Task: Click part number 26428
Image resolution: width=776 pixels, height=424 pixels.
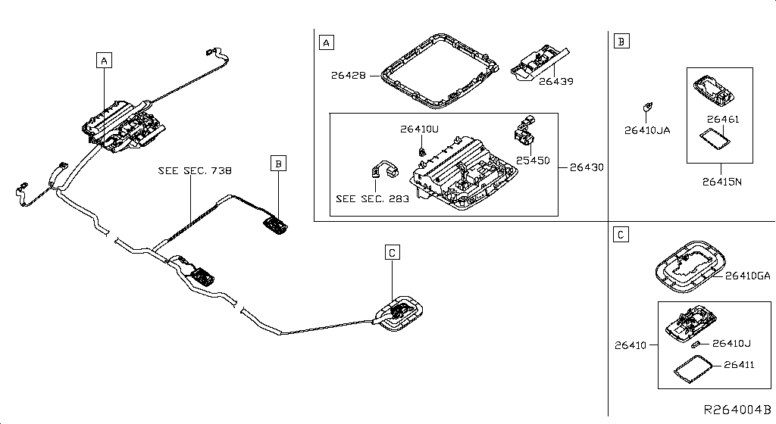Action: coord(349,76)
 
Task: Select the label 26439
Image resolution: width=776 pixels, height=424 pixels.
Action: coord(555,82)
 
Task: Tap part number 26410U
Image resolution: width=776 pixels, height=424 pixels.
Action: coord(419,129)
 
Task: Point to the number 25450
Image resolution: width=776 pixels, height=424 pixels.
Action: coord(533,161)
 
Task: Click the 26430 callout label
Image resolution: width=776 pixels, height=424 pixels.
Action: coord(587,167)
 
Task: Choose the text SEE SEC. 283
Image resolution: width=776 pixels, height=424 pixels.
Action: coord(372,198)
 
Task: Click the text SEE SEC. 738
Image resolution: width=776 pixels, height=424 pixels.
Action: coord(195,170)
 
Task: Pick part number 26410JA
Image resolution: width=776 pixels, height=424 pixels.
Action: coord(647,130)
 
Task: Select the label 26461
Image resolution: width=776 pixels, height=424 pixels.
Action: coord(722,119)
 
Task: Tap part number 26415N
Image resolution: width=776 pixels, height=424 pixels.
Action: coord(722,182)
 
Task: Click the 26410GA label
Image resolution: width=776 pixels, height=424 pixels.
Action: coord(748,276)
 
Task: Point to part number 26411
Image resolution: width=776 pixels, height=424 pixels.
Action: coord(739,365)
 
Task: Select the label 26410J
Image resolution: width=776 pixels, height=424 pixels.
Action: coord(732,344)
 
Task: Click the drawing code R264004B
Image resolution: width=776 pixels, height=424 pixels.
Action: coord(737,410)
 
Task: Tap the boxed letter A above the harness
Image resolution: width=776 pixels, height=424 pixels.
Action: coord(104,61)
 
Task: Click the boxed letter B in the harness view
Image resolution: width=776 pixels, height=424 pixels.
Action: coord(279,163)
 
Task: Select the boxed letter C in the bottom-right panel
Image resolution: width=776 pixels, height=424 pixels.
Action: coord(621,235)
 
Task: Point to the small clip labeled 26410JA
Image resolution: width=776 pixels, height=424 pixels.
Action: coord(647,106)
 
